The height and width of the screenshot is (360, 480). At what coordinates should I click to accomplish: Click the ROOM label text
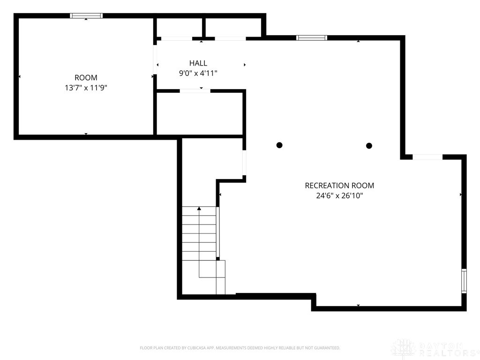(86, 77)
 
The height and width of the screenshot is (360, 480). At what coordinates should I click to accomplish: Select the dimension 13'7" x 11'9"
(86, 88)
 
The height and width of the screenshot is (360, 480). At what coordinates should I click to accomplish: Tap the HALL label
(198, 63)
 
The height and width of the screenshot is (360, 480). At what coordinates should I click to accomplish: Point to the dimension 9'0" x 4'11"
(198, 73)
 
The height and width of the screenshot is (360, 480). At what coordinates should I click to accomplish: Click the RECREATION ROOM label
(339, 186)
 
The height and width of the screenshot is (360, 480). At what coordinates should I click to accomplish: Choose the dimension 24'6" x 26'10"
(339, 196)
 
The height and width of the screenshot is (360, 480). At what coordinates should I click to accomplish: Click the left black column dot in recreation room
(279, 145)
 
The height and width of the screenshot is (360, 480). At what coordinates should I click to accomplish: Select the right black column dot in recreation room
(369, 146)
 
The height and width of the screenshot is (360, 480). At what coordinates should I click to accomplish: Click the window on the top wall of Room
(86, 15)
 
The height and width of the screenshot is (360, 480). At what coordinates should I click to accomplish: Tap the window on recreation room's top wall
(312, 37)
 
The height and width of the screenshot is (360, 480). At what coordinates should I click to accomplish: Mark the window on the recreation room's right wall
(464, 281)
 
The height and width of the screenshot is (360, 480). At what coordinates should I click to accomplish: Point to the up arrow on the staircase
(200, 208)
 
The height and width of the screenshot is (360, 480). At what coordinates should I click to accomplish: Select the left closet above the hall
(179, 28)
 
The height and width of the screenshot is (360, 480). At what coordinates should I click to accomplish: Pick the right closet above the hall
(233, 28)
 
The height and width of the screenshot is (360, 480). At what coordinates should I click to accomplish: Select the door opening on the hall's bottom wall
(195, 90)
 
